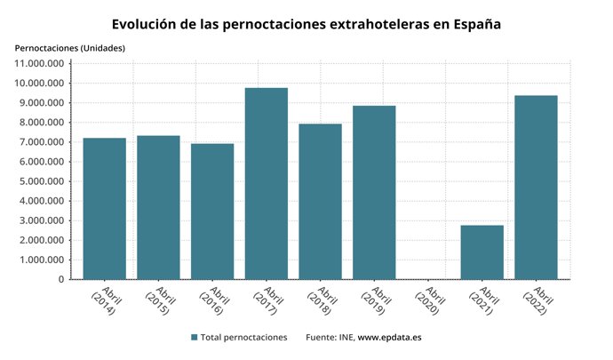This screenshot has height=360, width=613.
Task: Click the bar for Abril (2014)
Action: [105, 209]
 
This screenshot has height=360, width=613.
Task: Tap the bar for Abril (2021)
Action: [482, 252]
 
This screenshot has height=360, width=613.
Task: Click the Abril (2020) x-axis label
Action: [429, 302]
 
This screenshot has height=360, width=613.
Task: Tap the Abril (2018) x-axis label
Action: [322, 302]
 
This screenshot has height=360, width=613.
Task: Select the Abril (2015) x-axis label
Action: [160, 302]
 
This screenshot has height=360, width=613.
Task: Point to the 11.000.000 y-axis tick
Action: [40, 64]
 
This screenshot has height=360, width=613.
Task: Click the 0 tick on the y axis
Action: [61, 279]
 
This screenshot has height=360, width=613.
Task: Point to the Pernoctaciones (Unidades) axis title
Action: [70, 47]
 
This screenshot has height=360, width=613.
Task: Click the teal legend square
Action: [195, 338]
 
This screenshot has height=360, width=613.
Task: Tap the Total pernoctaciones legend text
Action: [244, 338]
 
